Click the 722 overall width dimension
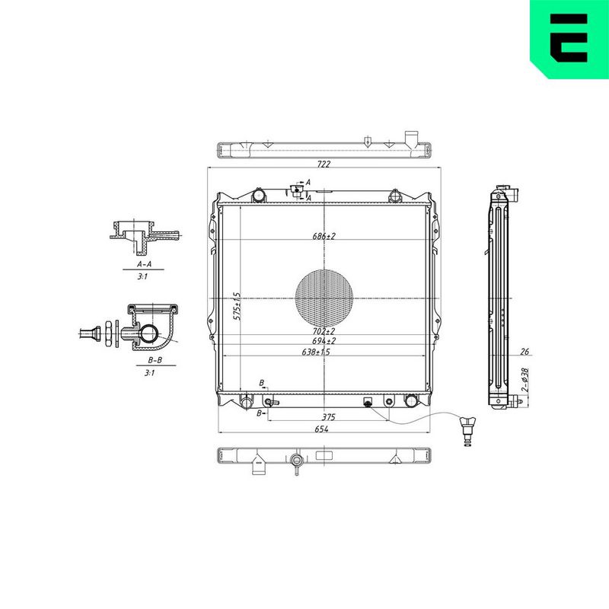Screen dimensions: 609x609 coord(324,164)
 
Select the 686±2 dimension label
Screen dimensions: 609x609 coord(324,236)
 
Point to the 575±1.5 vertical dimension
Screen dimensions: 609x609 coord(237,307)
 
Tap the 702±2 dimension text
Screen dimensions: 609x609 coord(324,331)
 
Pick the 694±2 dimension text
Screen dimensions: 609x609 coord(324,341)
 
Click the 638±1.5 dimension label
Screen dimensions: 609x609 coord(316,352)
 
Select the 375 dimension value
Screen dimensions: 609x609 coord(328,417)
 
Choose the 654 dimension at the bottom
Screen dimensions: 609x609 coord(321,429)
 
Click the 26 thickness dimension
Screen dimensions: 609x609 coord(525,352)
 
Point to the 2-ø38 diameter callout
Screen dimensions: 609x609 coord(525,380)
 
